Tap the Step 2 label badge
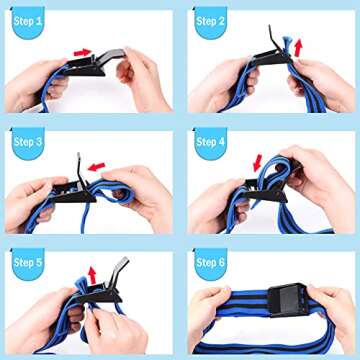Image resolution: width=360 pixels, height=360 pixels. coord(211,21)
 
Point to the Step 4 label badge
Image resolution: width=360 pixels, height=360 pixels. coord(211,142)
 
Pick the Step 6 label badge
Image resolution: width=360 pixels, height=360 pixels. coord(211,262)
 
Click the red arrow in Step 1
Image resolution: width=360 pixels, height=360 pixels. coord(82,52)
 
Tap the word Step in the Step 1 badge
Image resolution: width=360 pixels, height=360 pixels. coord(22,21)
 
